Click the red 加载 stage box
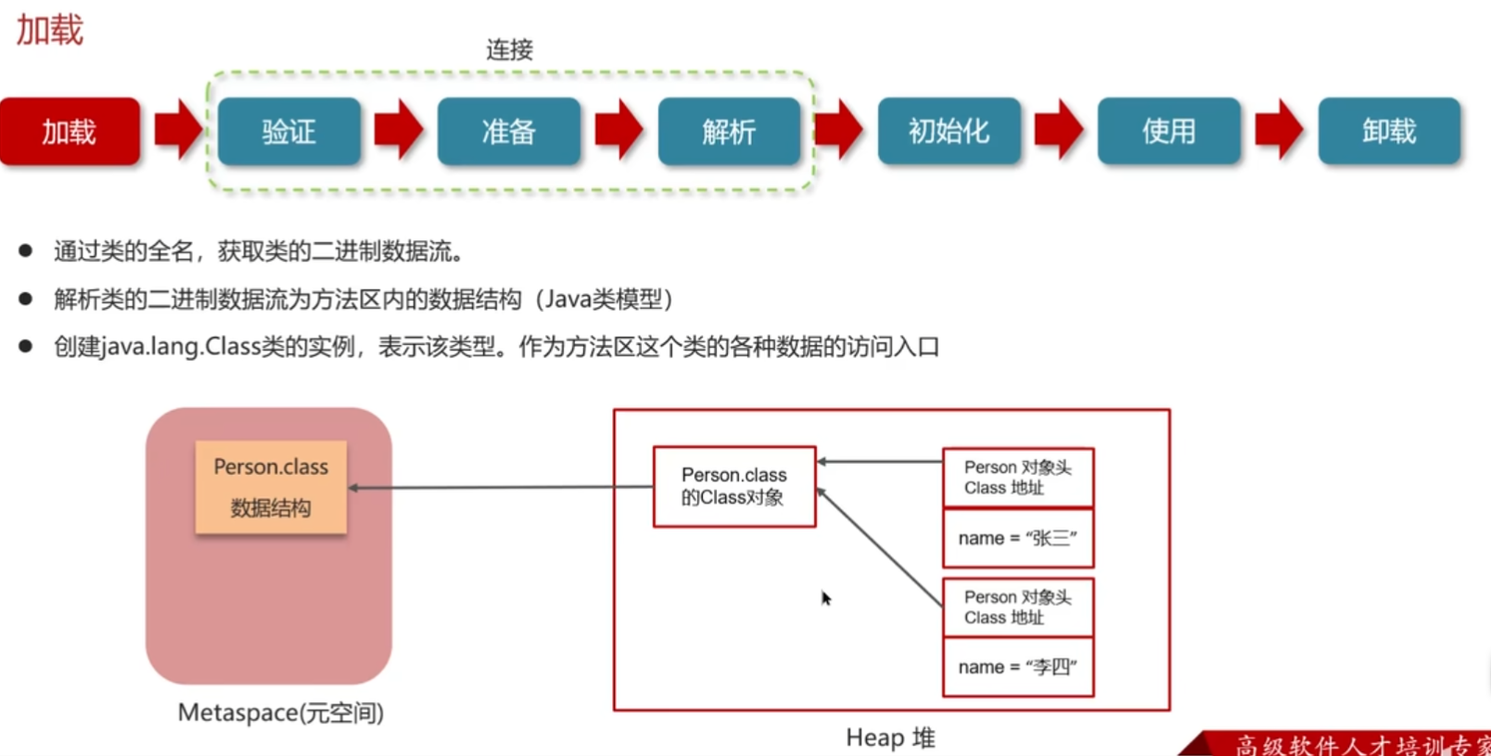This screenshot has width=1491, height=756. pyautogui.click(x=70, y=132)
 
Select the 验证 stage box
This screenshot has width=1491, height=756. pyautogui.click(x=289, y=132)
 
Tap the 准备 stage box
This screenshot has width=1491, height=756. pyautogui.click(x=509, y=132)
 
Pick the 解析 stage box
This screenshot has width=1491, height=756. pyautogui.click(x=729, y=132)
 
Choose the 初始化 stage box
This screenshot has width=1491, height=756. pyautogui.click(x=949, y=132)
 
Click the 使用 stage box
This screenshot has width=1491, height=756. pyautogui.click(x=1168, y=132)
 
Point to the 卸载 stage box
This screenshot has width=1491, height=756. pyautogui.click(x=1389, y=132)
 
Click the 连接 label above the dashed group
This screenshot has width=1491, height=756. pyautogui.click(x=509, y=50)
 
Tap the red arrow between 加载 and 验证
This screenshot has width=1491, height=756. pyautogui.click(x=178, y=131)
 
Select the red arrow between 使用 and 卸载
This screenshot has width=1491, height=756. pyautogui.click(x=1279, y=131)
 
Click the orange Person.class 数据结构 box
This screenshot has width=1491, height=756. pyautogui.click(x=271, y=487)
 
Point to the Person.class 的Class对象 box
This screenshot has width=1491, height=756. pyautogui.click(x=734, y=487)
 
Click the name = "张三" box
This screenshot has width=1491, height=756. pyautogui.click(x=1018, y=538)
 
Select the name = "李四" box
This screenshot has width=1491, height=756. pyautogui.click(x=1018, y=667)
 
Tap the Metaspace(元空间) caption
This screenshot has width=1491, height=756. pyautogui.click(x=281, y=713)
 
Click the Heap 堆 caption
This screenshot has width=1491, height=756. pyautogui.click(x=890, y=738)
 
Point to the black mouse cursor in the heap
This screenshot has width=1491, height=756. pyautogui.click(x=825, y=598)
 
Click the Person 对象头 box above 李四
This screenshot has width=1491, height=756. pyautogui.click(x=1018, y=608)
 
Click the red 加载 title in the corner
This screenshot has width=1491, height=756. pyautogui.click(x=50, y=31)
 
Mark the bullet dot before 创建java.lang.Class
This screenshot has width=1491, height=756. pyautogui.click(x=26, y=347)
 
